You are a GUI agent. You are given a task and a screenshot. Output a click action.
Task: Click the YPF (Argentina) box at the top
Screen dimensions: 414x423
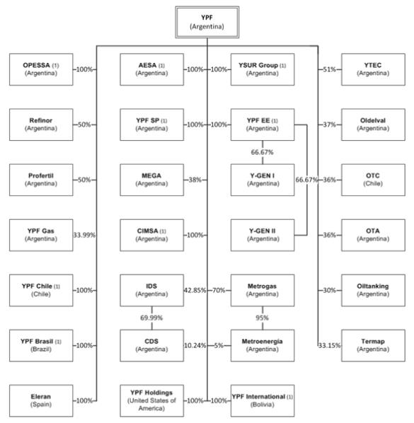pos(207,22)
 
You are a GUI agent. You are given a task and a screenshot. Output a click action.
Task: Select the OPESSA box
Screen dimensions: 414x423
pos(41,69)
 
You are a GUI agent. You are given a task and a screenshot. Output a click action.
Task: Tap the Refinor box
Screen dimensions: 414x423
pos(41,124)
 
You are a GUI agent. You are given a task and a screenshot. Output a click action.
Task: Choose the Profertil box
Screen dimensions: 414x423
pos(41,180)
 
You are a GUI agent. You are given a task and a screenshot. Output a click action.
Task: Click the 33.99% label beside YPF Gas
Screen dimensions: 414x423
pos(84,236)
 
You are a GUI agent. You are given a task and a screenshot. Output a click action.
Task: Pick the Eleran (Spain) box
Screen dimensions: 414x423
pos(41,400)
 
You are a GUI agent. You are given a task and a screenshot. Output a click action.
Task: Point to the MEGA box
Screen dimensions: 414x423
pos(151,180)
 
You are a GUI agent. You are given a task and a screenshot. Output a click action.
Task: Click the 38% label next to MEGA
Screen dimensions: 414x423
pos(195,180)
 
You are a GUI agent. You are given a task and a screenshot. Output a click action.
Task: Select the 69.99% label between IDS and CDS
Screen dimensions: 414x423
pos(151,318)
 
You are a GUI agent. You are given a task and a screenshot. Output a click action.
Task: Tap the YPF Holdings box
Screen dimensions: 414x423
pos(151,400)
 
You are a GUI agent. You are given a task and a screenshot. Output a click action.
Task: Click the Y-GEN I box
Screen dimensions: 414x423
pos(263,180)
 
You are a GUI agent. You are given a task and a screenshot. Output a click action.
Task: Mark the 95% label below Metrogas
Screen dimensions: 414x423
pos(263,318)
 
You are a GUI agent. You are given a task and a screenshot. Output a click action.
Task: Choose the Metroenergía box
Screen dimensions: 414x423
pos(263,345)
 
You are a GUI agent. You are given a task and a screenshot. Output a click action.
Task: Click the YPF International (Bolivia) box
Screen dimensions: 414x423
pos(263,400)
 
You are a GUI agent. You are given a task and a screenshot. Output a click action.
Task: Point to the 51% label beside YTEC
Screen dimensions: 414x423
pos(330,69)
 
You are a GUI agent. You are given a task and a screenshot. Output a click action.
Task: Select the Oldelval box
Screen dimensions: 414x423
pos(373,124)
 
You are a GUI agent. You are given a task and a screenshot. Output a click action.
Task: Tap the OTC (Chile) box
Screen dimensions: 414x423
pos(373,180)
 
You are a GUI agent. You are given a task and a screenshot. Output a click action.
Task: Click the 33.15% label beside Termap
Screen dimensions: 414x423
pos(330,345)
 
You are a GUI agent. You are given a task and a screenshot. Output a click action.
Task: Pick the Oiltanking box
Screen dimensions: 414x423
pos(373,290)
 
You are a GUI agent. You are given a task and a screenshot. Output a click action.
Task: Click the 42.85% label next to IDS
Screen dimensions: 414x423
pos(195,290)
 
